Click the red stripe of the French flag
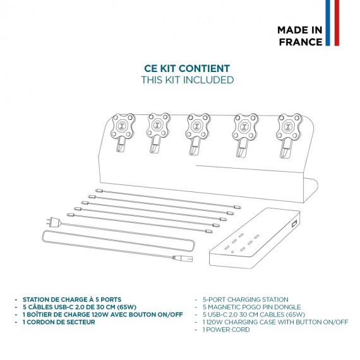(337, 23)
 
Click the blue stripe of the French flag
(328, 23)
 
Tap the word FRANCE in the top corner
(301, 42)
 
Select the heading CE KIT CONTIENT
(187, 68)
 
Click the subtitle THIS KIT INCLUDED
(188, 80)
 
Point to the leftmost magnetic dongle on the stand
(123, 133)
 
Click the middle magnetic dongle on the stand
(197, 134)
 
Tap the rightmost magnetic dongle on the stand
(289, 135)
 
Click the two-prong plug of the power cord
(54, 222)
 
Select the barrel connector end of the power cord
(183, 258)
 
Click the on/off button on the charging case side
(294, 224)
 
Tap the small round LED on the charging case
(232, 252)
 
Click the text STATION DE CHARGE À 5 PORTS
(72, 299)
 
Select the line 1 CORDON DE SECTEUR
(59, 322)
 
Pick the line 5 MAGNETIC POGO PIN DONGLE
(251, 307)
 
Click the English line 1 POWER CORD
(226, 330)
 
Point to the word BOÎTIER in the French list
(43, 315)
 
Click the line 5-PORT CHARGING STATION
(246, 299)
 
